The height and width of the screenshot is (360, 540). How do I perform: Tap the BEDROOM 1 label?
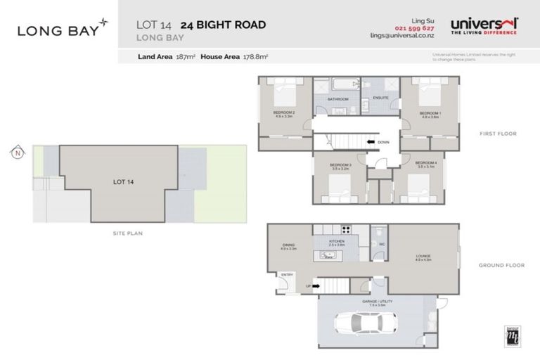click(430, 114)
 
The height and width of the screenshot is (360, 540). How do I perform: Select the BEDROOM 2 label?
click(283, 114)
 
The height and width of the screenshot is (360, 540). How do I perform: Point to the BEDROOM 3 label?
click(340, 167)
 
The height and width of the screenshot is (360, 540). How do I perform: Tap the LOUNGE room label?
click(423, 258)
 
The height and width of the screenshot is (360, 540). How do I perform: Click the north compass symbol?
click(15, 151)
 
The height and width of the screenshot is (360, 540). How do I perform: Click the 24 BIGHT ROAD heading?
click(223, 25)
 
